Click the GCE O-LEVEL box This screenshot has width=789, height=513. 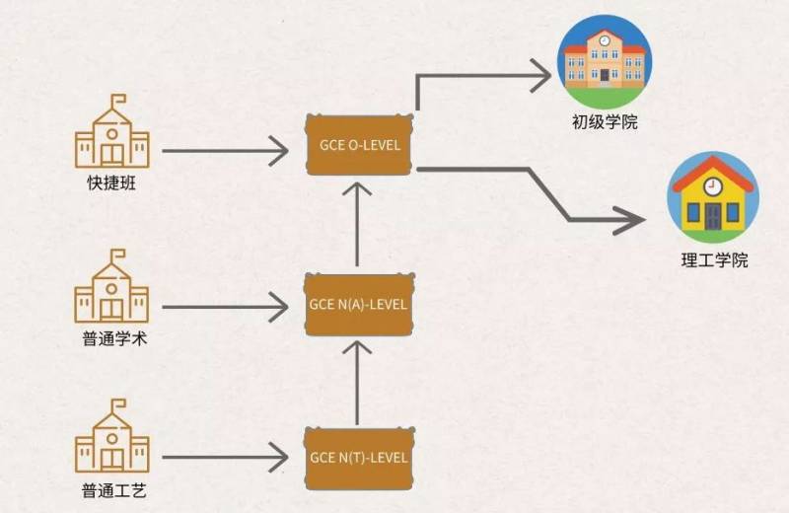[x=357, y=144]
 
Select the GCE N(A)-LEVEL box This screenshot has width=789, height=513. [x=357, y=304]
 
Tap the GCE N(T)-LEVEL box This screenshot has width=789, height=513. [x=357, y=458]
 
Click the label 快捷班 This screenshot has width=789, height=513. [x=111, y=185]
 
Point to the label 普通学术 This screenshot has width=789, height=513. [x=111, y=340]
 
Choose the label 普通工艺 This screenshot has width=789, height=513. [x=111, y=491]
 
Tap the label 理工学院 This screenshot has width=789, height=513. [x=714, y=261]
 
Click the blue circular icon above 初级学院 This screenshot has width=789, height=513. [x=605, y=61]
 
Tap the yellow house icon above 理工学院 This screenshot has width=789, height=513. [x=712, y=197]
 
